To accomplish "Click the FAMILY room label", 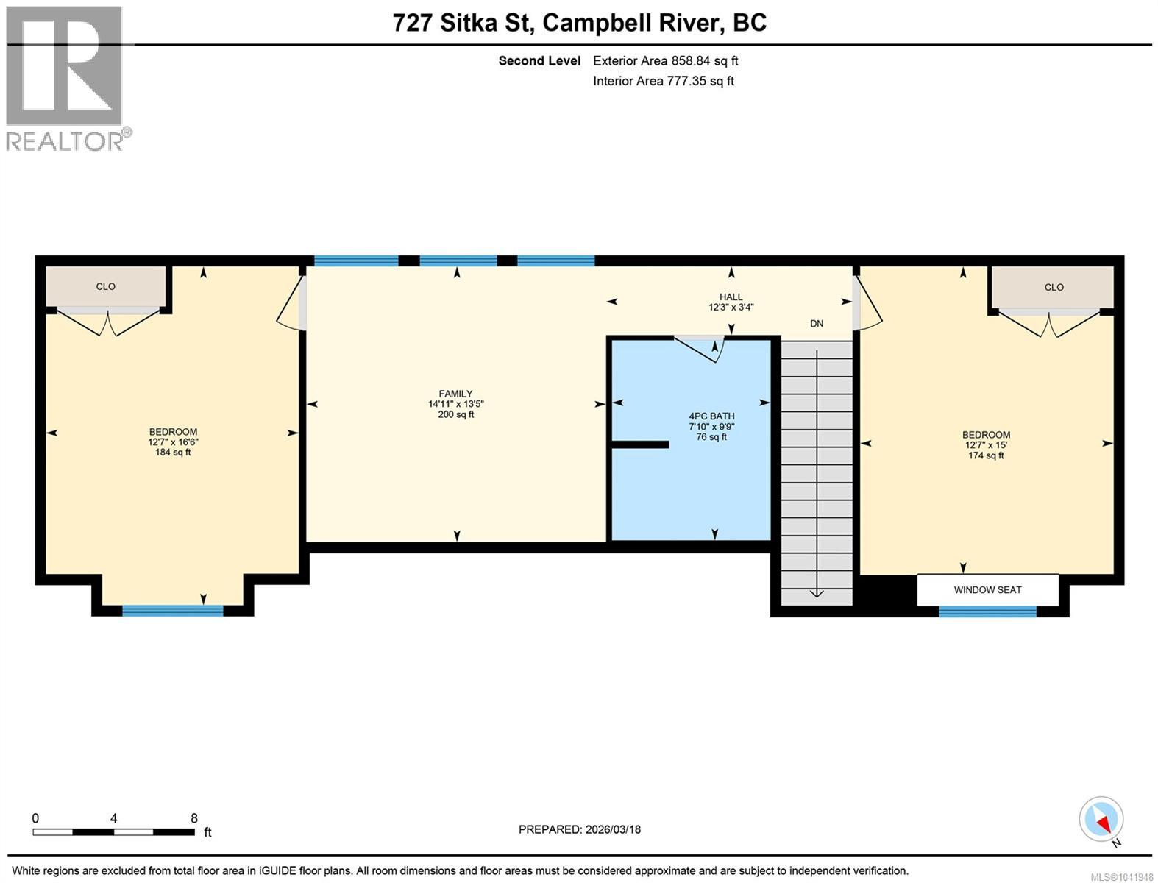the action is click(455, 394).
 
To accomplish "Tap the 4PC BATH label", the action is click(711, 416).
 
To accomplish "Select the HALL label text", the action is click(731, 297).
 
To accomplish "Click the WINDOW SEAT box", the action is click(987, 589).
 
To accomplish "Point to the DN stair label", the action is click(817, 323).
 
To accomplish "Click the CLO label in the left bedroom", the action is click(105, 286).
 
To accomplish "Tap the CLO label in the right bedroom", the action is click(1054, 287).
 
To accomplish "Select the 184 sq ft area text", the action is click(173, 452).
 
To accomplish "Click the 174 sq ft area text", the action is click(986, 455).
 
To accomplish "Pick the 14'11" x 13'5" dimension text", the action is click(456, 404).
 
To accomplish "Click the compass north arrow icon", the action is click(1101, 819).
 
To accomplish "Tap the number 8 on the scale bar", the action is click(194, 818).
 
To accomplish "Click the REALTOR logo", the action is click(68, 79).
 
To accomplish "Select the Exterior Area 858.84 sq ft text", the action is click(665, 60).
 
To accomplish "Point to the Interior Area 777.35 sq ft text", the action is click(663, 81).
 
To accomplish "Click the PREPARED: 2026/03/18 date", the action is click(579, 829).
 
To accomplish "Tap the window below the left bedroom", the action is click(172, 610).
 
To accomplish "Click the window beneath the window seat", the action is click(987, 611).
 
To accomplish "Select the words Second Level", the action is click(539, 60).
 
